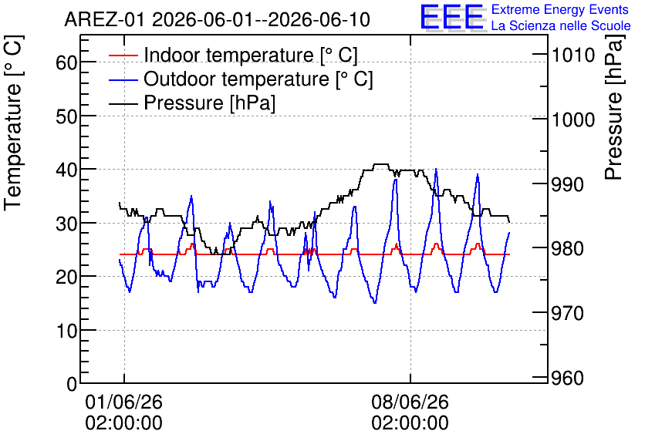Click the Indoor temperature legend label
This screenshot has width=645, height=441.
[x=251, y=55]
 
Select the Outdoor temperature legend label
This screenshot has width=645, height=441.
[x=258, y=79]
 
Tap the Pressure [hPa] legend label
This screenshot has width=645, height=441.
[x=209, y=103]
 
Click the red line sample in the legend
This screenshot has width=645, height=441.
[x=123, y=56]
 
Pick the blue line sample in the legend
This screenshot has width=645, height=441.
[x=123, y=79]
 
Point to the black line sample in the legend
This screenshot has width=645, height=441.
[x=123, y=103]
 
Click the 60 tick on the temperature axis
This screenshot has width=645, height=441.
[x=66, y=63]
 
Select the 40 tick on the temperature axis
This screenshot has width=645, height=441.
[x=66, y=170]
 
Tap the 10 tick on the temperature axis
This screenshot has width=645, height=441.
[x=66, y=331]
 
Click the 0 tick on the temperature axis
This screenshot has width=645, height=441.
[x=72, y=384]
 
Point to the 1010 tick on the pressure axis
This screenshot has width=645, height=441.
[x=573, y=55]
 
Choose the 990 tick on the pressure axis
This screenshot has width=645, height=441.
[x=568, y=184]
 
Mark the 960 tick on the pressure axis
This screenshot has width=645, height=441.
[x=568, y=378]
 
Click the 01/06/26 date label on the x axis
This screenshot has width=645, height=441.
[x=123, y=402]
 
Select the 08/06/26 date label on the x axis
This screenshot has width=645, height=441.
[x=410, y=402]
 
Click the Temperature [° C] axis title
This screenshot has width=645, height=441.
[x=13, y=123]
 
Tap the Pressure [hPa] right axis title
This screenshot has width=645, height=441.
[x=614, y=107]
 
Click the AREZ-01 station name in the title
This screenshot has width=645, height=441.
[x=105, y=20]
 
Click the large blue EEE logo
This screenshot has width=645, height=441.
[x=452, y=17]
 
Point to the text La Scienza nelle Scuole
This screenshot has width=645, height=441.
[x=561, y=26]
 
